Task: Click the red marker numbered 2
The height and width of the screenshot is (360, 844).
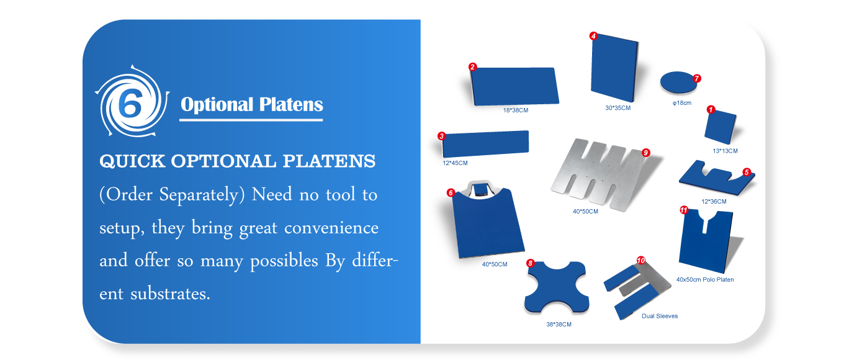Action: tap(472, 66)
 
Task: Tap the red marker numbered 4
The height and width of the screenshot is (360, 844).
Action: tap(593, 36)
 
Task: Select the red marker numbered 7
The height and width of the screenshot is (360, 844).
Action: tap(697, 78)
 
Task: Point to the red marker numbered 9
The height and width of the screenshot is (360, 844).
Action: tap(646, 153)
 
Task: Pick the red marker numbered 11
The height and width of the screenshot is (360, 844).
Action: tap(684, 210)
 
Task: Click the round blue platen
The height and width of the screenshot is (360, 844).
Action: tap(678, 82)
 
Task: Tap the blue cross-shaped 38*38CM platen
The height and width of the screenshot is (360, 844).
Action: tap(557, 287)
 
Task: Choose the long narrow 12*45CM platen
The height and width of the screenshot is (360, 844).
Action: tap(485, 143)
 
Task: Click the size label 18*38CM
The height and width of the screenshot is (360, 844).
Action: tap(516, 110)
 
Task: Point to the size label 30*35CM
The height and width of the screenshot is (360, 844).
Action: tap(618, 108)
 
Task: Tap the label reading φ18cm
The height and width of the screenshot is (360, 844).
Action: tap(682, 103)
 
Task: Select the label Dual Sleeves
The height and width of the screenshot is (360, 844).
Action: tap(660, 316)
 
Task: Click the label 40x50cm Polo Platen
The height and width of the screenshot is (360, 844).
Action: tap(705, 280)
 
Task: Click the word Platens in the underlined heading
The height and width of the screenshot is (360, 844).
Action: tap(291, 104)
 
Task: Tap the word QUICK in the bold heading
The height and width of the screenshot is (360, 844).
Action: tap(132, 161)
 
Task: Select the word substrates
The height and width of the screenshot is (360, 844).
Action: tap(170, 294)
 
